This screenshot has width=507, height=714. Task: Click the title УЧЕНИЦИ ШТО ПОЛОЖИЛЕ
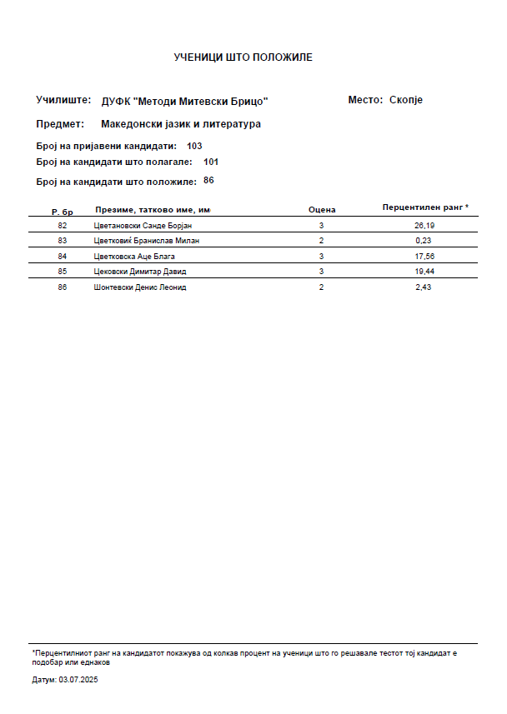point(243,57)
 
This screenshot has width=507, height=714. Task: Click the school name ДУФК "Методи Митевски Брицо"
point(184,101)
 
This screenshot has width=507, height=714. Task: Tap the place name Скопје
point(406,100)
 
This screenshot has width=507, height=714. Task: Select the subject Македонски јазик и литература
point(181,124)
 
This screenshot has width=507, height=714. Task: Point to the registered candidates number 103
point(194,146)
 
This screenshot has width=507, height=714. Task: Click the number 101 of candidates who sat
point(211,162)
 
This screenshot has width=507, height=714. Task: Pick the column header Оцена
point(322,210)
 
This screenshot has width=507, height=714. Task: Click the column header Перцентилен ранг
point(424,207)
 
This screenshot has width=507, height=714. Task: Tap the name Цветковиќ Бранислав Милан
point(147,241)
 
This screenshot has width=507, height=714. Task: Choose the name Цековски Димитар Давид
point(140,272)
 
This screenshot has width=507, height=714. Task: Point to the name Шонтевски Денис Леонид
point(140,287)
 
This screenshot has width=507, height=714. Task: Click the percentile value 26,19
point(424,226)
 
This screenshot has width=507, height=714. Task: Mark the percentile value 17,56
point(424,256)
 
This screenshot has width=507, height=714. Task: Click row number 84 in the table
point(62,256)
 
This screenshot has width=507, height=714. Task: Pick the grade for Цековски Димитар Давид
point(321,272)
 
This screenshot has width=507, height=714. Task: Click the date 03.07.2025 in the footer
point(78,680)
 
